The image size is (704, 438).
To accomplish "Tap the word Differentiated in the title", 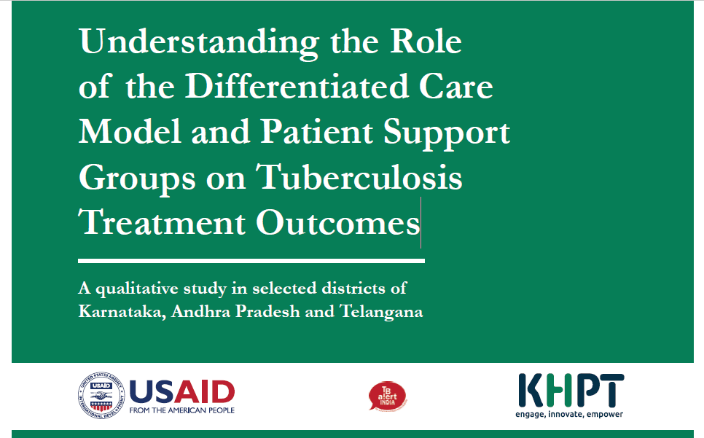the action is [297, 86].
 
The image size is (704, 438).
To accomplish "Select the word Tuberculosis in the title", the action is [359, 177].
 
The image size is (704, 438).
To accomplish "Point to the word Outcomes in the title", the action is [337, 222].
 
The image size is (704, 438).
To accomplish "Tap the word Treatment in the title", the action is [162, 222].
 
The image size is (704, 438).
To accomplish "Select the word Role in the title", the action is [426, 41].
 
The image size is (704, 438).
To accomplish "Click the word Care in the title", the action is [455, 86].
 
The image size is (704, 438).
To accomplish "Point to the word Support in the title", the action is [447, 133].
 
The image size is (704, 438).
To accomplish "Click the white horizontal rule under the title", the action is [251, 261].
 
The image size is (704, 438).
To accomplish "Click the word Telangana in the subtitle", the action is [381, 312].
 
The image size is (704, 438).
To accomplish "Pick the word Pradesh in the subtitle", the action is [267, 311].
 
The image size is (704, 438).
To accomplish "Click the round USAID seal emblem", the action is [101, 396].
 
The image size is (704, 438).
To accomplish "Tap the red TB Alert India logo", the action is [388, 396].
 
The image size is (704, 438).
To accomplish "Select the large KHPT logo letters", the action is [571, 390].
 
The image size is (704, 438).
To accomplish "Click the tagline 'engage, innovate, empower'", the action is [569, 414].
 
